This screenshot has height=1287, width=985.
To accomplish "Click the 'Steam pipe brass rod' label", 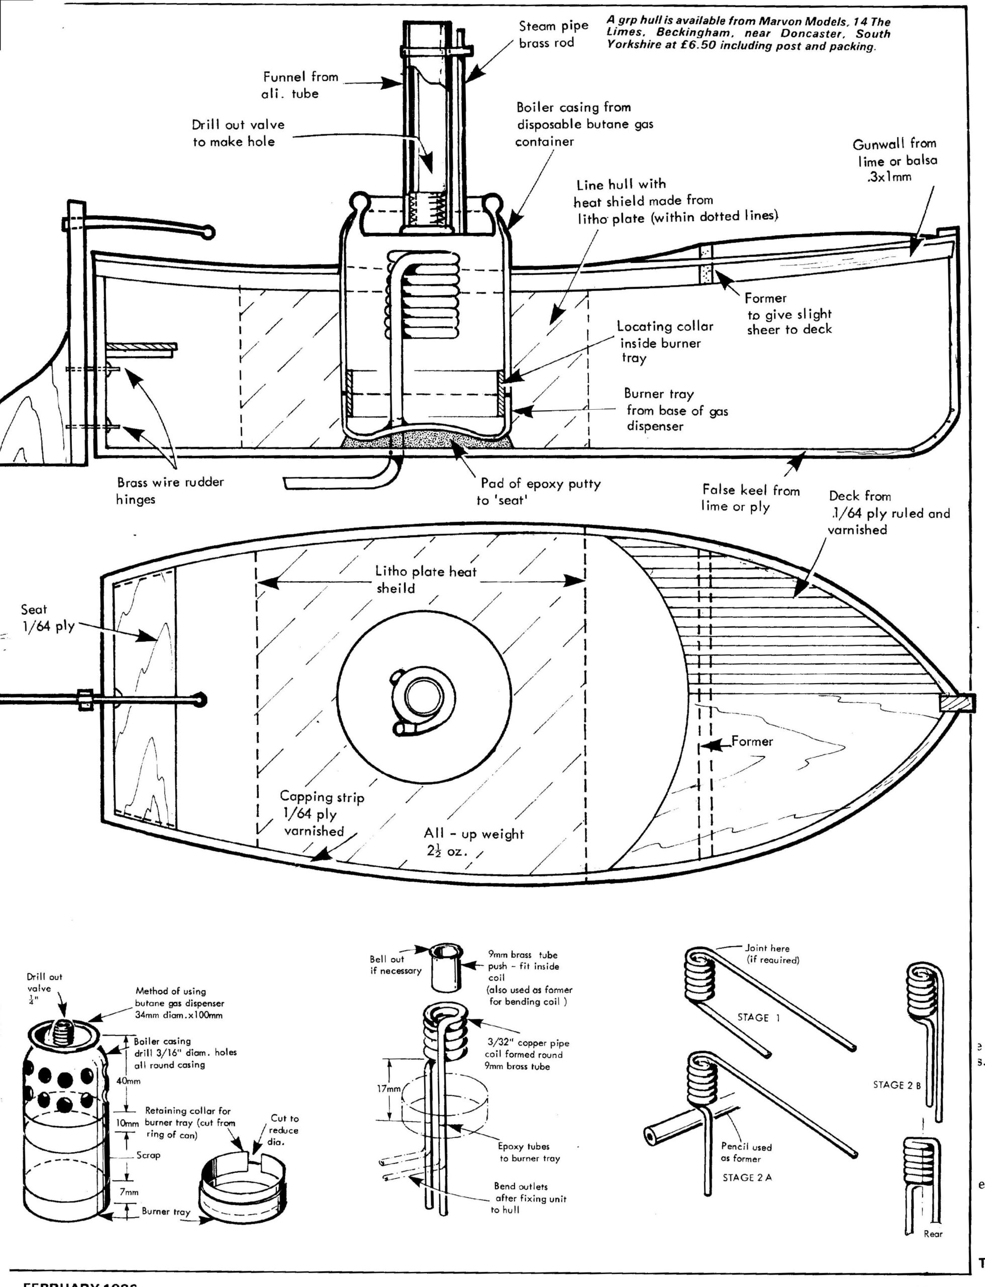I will pos(553,35).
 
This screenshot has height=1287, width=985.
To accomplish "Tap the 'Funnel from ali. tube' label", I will pos(299,85).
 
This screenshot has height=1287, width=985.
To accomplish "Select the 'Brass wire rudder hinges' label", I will pos(170,490).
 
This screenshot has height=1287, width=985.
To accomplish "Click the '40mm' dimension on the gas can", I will pos(129,1080).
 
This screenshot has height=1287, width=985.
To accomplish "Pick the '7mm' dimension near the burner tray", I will pos(129,1192).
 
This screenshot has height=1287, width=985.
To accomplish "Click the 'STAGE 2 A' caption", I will pos(747,1177).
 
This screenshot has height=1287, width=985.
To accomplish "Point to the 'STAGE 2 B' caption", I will pos(897,1085).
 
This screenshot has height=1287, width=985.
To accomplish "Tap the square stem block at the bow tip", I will pos(956,702).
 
